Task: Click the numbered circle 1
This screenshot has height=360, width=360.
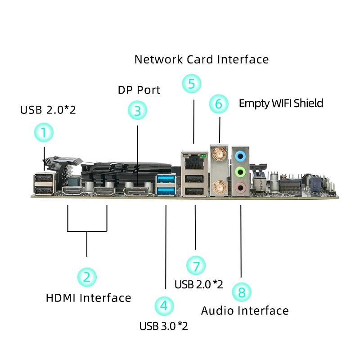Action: [x=44, y=133]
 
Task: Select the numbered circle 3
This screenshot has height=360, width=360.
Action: [x=138, y=110]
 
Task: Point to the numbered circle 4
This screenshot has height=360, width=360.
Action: [x=164, y=306]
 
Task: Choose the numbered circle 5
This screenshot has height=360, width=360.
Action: [x=192, y=84]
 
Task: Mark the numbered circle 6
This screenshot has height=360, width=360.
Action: [x=219, y=104]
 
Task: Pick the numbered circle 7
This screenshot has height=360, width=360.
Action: [x=196, y=265]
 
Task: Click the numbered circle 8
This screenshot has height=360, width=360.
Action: [x=242, y=292]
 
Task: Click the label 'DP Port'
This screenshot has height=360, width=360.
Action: [x=139, y=90]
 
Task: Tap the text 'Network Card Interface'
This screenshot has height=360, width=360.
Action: [x=202, y=59]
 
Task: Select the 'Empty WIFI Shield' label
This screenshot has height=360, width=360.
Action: [x=281, y=103]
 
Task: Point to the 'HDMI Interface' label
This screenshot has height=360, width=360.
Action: [x=89, y=298]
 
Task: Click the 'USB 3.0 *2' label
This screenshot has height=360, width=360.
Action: [x=163, y=326]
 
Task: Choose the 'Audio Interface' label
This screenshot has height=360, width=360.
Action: [x=245, y=311]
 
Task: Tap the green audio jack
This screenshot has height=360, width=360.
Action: [x=241, y=172]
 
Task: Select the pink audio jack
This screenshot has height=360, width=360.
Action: [x=241, y=187]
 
